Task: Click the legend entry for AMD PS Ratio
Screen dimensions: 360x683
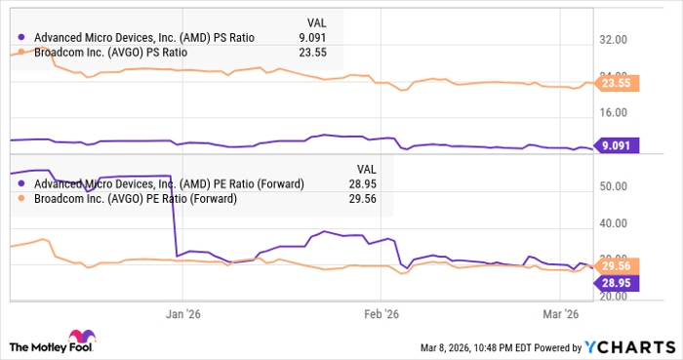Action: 143,37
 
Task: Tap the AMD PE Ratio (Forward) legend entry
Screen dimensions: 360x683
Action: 168,182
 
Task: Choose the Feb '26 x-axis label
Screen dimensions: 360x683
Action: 381,314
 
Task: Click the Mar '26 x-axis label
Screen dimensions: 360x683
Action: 562,314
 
